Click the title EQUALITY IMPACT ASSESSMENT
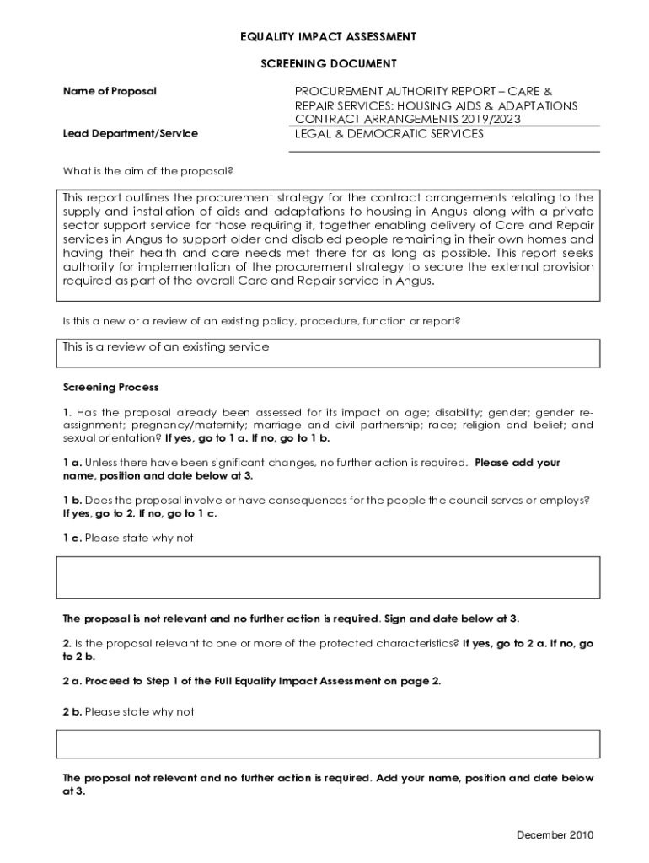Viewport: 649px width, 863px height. click(x=328, y=37)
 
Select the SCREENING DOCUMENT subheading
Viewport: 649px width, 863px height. click(x=328, y=64)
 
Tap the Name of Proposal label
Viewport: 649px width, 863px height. click(x=110, y=91)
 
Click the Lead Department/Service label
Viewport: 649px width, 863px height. click(x=130, y=133)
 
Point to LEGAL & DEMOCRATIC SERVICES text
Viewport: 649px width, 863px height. click(x=389, y=133)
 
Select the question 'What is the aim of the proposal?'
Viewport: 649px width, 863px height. click(x=147, y=171)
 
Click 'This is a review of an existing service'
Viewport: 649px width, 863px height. click(x=166, y=347)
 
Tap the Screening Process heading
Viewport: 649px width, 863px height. click(x=110, y=388)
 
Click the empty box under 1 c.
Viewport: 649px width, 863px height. click(x=328, y=577)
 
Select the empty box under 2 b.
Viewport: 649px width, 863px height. click(x=328, y=744)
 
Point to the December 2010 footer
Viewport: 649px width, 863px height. click(x=555, y=835)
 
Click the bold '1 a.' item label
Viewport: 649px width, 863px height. click(x=72, y=463)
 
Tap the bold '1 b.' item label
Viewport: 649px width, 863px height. click(x=72, y=500)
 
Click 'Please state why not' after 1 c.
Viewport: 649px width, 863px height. click(x=139, y=538)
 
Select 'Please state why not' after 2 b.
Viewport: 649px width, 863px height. click(x=139, y=712)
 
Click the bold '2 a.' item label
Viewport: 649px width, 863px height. click(x=72, y=681)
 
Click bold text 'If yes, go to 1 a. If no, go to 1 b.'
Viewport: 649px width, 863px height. click(x=247, y=438)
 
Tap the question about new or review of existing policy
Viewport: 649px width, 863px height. click(x=261, y=321)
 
